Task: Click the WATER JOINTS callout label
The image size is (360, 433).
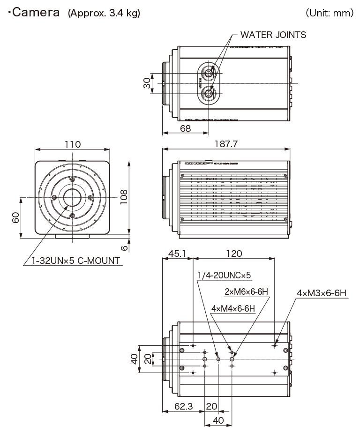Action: [273, 35]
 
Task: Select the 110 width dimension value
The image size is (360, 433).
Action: [72, 144]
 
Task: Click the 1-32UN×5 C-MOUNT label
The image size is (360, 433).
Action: [72, 261]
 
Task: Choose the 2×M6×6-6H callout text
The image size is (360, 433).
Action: [246, 292]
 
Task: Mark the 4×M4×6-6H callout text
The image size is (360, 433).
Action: [233, 308]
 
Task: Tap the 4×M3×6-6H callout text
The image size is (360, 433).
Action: [321, 293]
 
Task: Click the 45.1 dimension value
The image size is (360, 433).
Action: [177, 254]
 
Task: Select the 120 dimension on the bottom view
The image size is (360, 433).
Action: [234, 254]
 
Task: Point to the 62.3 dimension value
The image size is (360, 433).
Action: [183, 406]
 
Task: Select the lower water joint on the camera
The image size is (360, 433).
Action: [208, 94]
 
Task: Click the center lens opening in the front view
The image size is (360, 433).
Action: [72, 198]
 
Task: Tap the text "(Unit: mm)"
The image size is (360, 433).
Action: [330, 13]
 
